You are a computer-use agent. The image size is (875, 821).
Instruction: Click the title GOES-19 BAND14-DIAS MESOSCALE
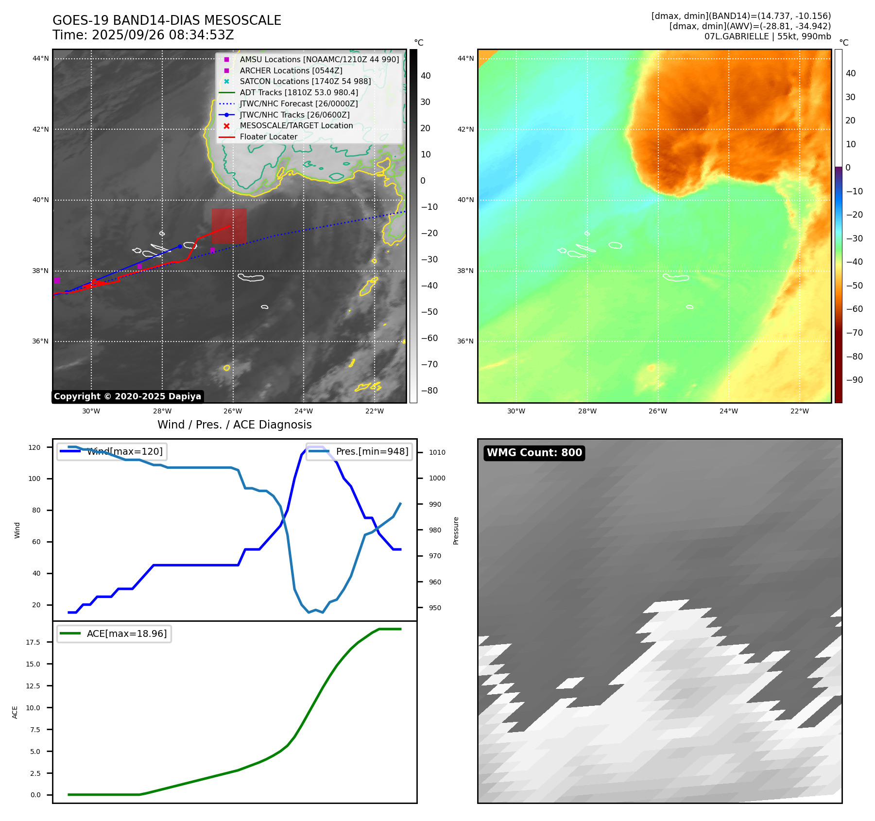[x=167, y=20]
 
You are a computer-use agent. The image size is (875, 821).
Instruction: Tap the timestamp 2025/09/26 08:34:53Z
[x=163, y=35]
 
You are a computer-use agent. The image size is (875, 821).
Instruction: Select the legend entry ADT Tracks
[x=299, y=92]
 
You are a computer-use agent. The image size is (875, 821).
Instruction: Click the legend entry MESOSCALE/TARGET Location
[x=296, y=125]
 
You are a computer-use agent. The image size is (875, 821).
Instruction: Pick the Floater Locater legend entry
[x=268, y=137]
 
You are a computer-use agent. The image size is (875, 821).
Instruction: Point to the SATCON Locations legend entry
[x=305, y=81]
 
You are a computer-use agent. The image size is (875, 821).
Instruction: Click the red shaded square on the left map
[x=229, y=226]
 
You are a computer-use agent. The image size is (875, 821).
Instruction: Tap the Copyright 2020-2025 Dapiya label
[x=127, y=396]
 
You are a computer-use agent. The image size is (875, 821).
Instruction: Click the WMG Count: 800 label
[x=534, y=453]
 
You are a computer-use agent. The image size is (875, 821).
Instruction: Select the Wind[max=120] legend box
[x=112, y=451]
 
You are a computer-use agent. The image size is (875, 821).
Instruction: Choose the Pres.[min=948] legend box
[x=359, y=451]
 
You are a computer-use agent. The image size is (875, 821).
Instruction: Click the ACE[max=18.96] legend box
[x=114, y=633]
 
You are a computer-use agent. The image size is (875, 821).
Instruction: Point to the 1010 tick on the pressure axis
[x=437, y=452]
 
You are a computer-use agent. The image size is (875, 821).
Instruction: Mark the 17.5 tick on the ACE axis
[x=33, y=642]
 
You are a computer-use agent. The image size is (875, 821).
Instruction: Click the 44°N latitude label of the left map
[x=41, y=59]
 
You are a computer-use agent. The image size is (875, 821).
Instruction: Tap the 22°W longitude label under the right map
[x=799, y=411]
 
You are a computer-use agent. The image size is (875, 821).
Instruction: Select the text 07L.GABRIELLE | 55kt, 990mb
[x=768, y=36]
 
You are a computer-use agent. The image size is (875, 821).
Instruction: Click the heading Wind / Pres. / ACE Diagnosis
[x=234, y=425]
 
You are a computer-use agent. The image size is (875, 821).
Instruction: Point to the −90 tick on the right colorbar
[x=854, y=380]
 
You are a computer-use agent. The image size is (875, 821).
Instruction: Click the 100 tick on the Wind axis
[x=34, y=479]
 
